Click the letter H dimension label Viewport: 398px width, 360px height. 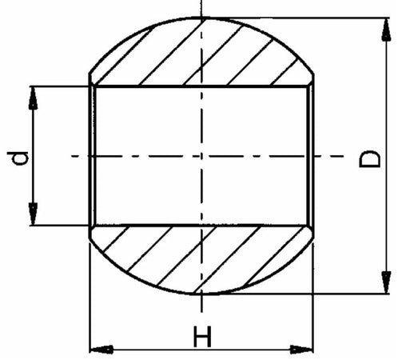pos(202,338)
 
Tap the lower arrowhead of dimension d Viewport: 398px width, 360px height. pos(34,216)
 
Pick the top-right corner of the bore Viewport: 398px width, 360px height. pos(311,85)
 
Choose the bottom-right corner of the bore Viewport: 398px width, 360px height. pos(311,226)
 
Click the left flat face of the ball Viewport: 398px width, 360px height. pos(89,155)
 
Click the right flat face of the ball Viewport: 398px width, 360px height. pos(312,155)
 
